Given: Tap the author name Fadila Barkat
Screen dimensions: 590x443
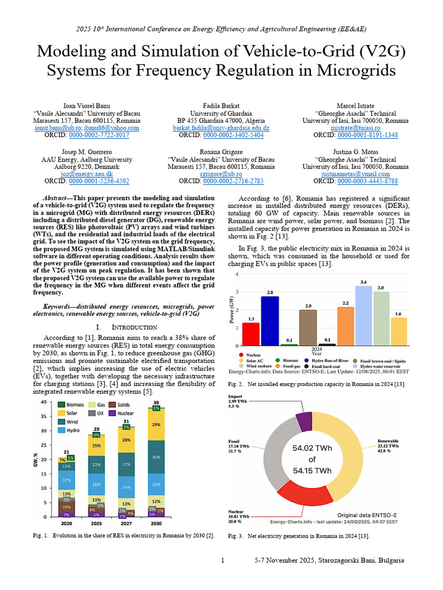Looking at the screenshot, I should [221, 106].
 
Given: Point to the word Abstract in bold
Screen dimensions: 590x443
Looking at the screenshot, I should [59, 198].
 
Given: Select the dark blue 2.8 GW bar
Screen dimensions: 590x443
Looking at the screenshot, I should [269, 320].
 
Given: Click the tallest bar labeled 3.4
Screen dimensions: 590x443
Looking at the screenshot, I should [363, 315].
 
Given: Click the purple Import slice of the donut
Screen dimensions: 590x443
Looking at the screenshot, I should [303, 414].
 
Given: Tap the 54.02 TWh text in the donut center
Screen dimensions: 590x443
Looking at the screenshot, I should [311, 448].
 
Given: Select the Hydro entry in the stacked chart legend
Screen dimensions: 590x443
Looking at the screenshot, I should [72, 430].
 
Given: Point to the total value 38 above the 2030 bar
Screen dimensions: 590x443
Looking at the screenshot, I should [155, 402].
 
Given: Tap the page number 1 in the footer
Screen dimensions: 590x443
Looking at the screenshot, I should [223, 560].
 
